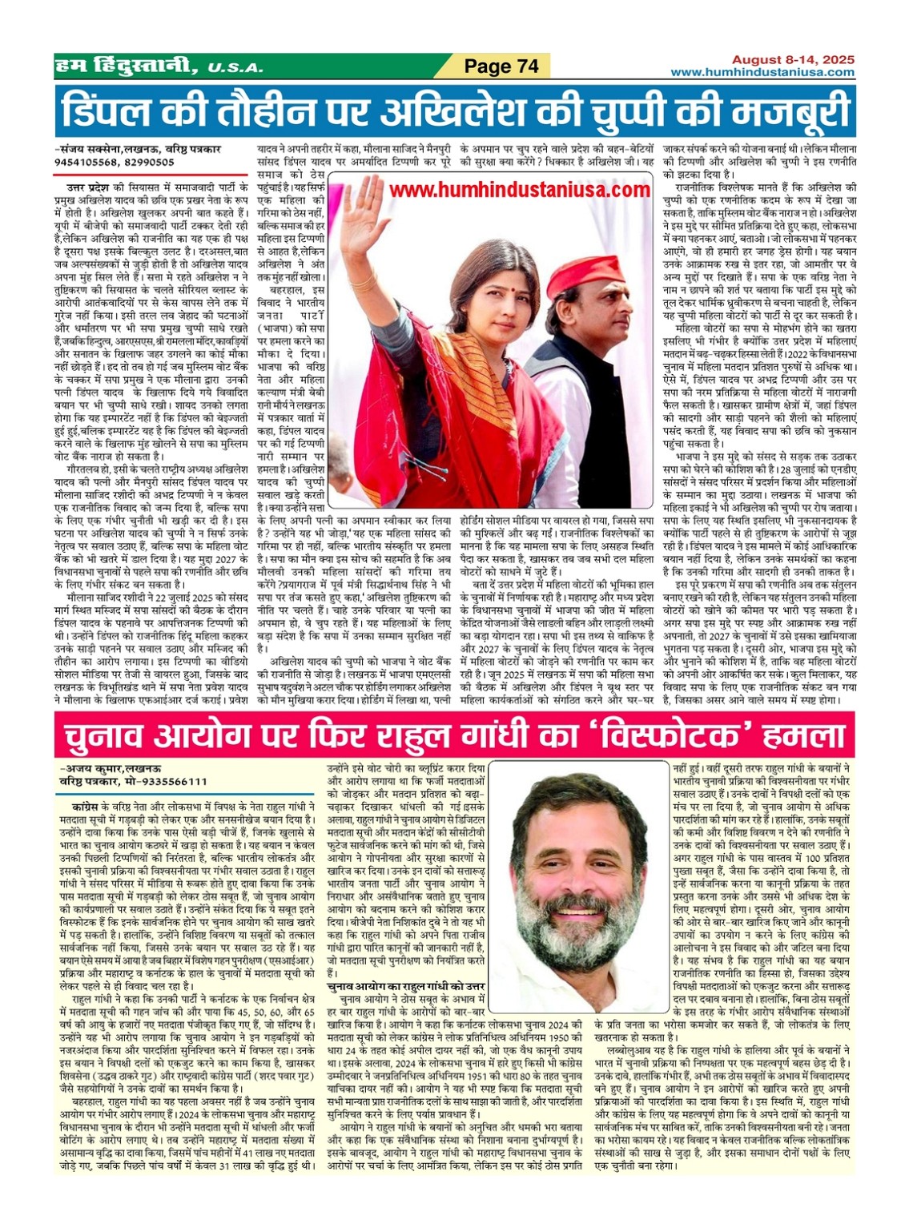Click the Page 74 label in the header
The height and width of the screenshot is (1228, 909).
click(502, 66)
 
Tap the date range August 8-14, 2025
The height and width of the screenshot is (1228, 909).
click(793, 60)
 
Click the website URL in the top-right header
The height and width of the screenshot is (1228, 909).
click(762, 73)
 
